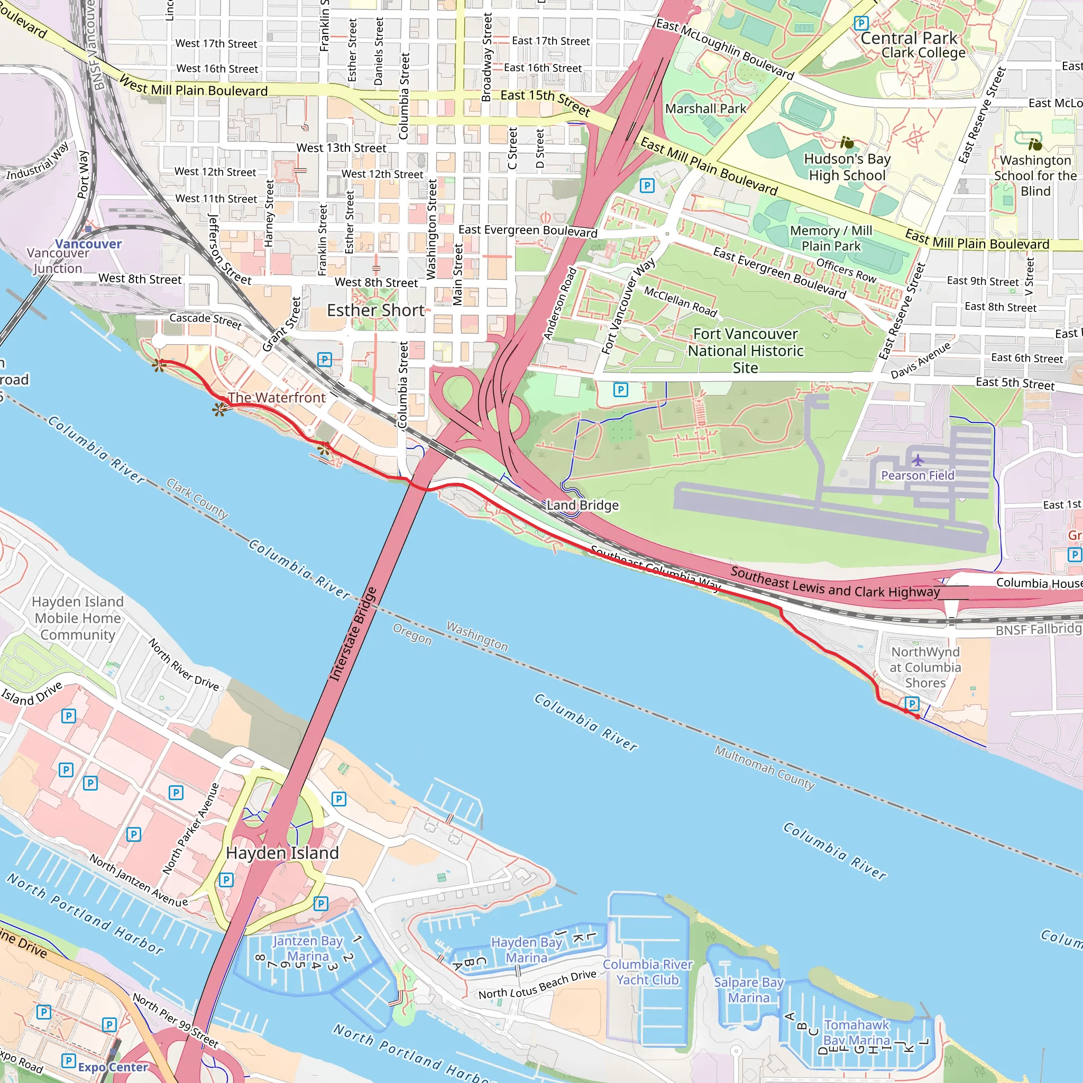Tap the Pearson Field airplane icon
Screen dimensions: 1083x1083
click(917, 461)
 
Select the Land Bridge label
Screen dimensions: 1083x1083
click(582, 505)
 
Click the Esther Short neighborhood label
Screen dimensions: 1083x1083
click(375, 310)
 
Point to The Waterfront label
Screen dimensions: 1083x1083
click(277, 398)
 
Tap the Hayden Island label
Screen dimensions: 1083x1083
click(282, 853)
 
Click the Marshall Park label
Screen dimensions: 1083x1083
click(706, 109)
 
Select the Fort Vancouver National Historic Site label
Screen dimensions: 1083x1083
click(746, 351)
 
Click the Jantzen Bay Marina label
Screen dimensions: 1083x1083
click(308, 949)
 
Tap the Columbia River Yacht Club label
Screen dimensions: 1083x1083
click(647, 972)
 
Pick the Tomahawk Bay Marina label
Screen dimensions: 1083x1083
click(857, 1033)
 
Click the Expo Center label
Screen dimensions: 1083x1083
click(113, 1067)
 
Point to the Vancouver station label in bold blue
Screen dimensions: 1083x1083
click(88, 244)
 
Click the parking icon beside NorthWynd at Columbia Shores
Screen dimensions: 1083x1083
click(912, 703)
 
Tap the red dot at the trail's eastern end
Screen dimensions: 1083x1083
click(917, 717)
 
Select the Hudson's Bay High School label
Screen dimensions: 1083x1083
click(847, 167)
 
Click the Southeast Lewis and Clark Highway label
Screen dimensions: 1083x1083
click(835, 582)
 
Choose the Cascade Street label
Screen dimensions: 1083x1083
click(205, 320)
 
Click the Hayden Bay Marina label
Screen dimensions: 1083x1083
click(526, 950)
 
